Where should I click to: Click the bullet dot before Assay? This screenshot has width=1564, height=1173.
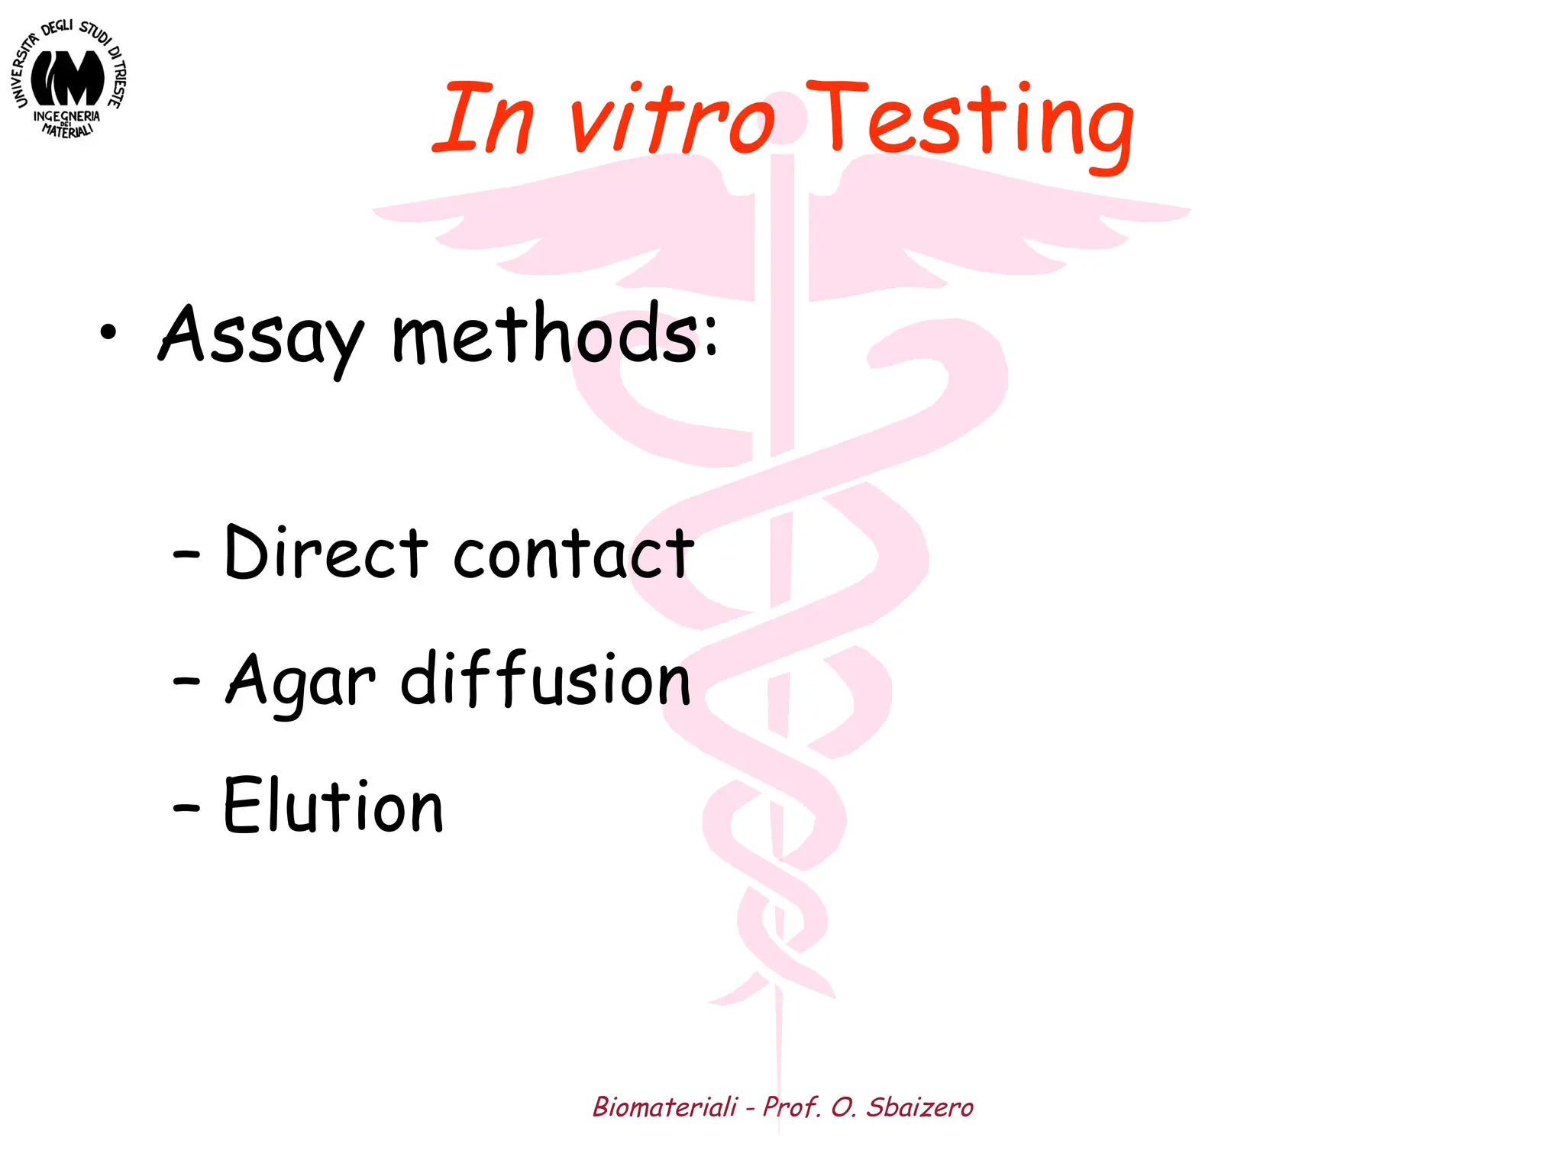108,332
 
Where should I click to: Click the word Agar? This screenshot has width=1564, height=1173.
301,681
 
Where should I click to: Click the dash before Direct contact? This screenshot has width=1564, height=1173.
186,554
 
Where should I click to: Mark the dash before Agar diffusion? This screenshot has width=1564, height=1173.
186,680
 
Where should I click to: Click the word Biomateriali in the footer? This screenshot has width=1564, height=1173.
665,1107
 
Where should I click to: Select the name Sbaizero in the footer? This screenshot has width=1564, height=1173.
919,1107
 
